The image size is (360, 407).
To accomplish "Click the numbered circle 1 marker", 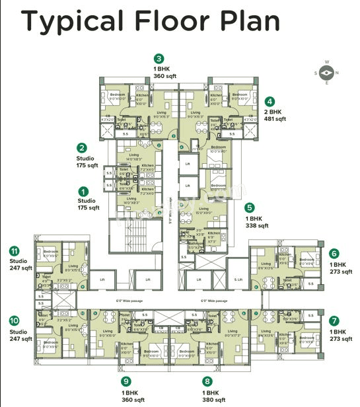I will (83, 190).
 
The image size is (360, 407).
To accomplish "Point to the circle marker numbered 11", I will (13, 251).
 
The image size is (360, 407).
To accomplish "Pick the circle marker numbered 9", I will (125, 382).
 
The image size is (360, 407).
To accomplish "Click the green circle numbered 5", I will (249, 207).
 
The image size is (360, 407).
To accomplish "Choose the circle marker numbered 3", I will (159, 58).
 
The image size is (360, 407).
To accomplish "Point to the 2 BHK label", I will (275, 112).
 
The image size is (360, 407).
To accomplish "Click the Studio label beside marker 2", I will (86, 158).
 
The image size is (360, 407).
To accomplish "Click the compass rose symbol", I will (327, 73).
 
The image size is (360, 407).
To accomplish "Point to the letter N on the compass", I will (337, 73).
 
